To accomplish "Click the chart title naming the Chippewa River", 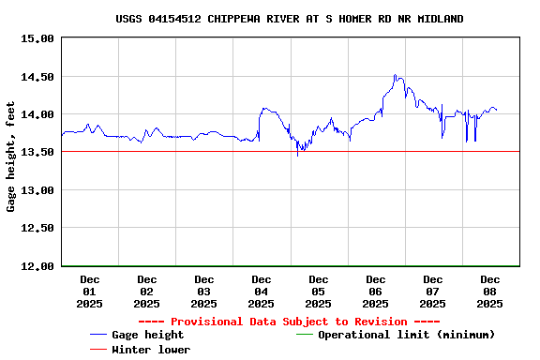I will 289,19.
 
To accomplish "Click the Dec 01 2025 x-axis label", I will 90,291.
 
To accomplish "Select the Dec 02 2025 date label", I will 147,291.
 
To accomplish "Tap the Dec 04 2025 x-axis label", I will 262,291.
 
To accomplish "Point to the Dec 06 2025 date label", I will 376,291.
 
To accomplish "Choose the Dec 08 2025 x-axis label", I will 490,291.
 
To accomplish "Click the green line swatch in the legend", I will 305,335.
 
